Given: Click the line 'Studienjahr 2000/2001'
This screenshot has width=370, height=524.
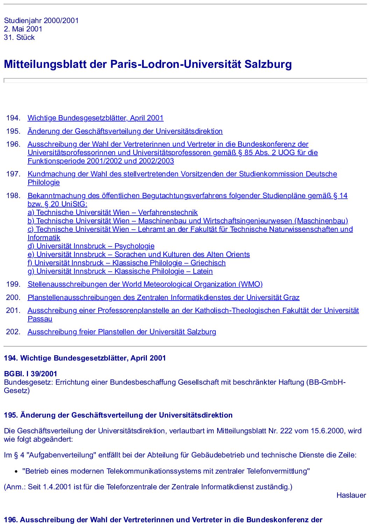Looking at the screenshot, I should pyautogui.click(x=41, y=21).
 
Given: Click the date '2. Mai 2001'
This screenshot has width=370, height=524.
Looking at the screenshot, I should pyautogui.click(x=23, y=29).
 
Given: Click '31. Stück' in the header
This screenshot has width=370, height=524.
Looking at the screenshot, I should pyautogui.click(x=19, y=37).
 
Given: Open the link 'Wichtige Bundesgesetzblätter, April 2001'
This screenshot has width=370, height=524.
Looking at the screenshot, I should pyautogui.click(x=95, y=118).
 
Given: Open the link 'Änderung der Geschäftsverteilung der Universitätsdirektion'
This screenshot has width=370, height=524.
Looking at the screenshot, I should pyautogui.click(x=125, y=131).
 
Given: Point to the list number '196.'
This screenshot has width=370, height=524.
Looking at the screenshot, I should pyautogui.click(x=13, y=144).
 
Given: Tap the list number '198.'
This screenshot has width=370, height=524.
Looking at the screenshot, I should pyautogui.click(x=13, y=196).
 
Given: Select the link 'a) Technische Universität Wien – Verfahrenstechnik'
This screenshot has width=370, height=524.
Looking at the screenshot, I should pyautogui.click(x=113, y=212).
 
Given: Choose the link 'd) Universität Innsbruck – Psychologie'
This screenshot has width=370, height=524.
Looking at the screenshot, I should pyautogui.click(x=91, y=246).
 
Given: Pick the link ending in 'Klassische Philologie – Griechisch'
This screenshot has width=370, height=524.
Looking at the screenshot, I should pyautogui.click(x=127, y=263).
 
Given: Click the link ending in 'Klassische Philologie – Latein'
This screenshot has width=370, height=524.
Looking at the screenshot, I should pyautogui.click(x=120, y=271).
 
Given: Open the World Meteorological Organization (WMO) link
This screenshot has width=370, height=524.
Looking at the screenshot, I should pyautogui.click(x=145, y=284).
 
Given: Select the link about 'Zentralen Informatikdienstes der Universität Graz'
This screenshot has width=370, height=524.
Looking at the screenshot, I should pyautogui.click(x=163, y=298).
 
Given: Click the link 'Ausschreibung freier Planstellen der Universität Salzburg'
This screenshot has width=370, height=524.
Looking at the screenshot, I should pyautogui.click(x=122, y=332).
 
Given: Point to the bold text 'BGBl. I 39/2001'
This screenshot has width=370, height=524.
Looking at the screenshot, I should pyautogui.click(x=30, y=374).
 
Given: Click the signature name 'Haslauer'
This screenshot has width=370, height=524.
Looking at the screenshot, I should pyautogui.click(x=351, y=495).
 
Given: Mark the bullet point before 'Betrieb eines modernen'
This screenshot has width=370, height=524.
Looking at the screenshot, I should pyautogui.click(x=16, y=472).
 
